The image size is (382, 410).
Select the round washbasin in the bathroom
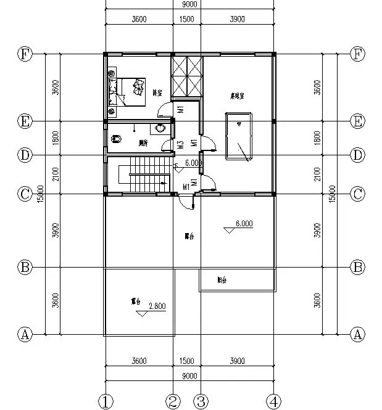[160, 129]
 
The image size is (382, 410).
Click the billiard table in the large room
[239, 135]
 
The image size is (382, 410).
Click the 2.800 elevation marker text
[157, 305]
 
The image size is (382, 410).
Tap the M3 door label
[181, 146]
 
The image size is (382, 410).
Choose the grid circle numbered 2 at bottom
[173, 402]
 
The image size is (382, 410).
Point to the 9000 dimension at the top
[190, 4]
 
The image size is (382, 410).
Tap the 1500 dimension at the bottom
[186, 361]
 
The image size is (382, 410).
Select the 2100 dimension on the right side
[318, 174]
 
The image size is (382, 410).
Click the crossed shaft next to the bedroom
[187, 76]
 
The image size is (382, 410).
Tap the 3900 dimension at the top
[237, 19]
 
